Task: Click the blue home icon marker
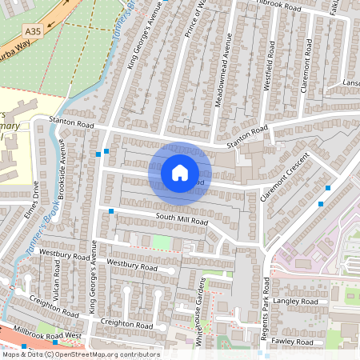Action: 180,172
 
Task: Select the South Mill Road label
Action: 182,218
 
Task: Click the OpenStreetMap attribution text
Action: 80,354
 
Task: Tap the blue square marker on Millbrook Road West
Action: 24,346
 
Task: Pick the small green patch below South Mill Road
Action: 162,241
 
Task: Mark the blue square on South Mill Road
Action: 111,211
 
